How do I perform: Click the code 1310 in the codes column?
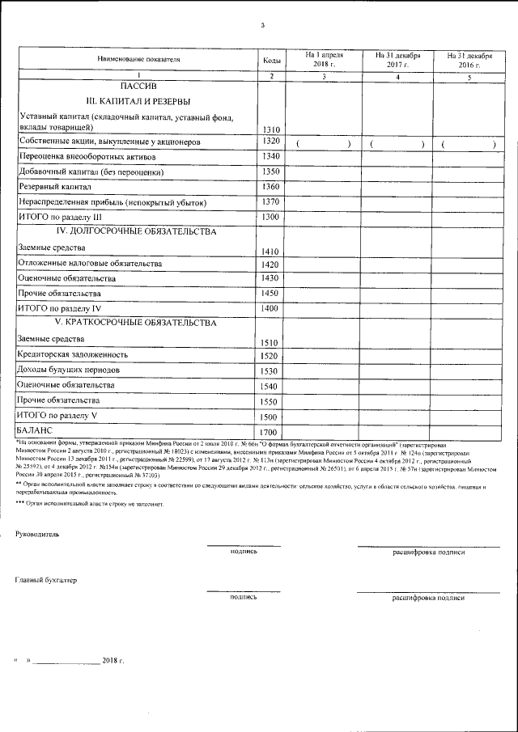tap(271, 129)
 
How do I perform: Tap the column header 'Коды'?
tap(272, 61)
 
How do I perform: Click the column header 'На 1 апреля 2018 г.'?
tap(324, 59)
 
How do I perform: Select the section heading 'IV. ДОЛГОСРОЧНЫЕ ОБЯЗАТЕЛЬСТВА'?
tap(136, 232)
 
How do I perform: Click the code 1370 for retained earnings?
tap(271, 201)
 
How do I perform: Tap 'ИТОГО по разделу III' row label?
tap(59, 217)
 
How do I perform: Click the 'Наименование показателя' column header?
tap(138, 61)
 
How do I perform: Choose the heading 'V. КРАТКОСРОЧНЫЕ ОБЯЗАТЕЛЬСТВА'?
tap(136, 323)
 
